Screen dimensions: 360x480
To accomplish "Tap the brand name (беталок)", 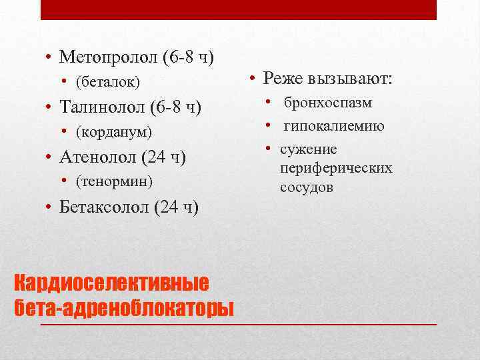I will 108,81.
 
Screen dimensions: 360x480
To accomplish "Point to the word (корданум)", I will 114,131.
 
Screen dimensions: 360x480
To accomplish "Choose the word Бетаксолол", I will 104,207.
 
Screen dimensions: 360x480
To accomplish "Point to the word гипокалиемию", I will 334,126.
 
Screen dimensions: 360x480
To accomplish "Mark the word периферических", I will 336,168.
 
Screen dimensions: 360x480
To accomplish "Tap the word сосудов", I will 307,187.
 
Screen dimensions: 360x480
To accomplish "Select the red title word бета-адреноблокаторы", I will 124,308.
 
